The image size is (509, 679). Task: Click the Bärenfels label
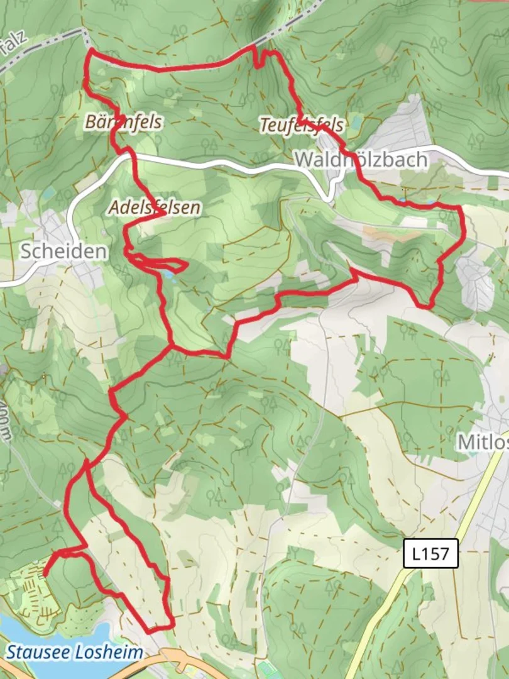(x=123, y=122)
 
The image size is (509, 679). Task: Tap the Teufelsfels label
(x=302, y=125)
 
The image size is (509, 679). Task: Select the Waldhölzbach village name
(x=361, y=160)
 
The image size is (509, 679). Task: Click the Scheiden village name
(x=63, y=251)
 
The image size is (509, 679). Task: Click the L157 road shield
(x=431, y=555)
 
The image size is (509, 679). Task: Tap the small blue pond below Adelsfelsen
(x=168, y=275)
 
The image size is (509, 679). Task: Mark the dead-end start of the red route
(x=45, y=573)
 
